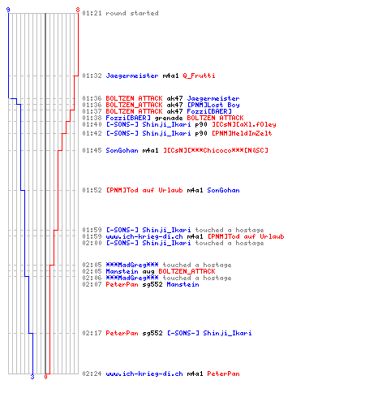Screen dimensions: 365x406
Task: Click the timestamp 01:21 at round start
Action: (92, 13)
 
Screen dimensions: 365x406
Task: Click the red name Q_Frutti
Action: (199, 76)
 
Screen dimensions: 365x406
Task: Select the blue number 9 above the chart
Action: (8, 10)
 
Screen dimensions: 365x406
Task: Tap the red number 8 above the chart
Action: (78, 10)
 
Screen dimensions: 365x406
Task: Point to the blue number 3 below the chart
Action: (32, 377)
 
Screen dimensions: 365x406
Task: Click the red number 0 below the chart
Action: (45, 377)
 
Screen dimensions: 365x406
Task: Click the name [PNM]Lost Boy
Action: (213, 105)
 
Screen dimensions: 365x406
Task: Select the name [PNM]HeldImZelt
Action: (242, 133)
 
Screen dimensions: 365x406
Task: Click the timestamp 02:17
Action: (92, 333)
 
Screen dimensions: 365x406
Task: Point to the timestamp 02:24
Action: (92, 374)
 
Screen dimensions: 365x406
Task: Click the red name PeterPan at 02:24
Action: (223, 374)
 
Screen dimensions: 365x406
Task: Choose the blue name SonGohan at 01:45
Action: (122, 150)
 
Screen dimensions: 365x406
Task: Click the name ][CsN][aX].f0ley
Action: (244, 124)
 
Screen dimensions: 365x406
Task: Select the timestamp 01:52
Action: (92, 190)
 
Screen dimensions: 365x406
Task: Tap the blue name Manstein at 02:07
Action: (182, 284)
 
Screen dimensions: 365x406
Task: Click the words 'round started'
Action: (132, 13)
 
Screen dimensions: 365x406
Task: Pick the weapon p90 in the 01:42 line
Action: (201, 133)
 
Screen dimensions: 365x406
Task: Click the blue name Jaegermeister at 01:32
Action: (132, 76)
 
